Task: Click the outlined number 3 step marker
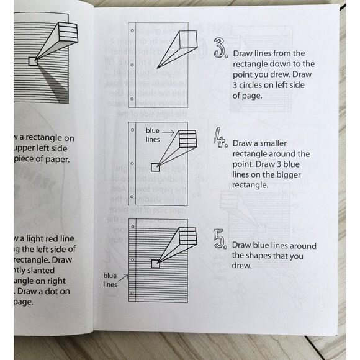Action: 220,48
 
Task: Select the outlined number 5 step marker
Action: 219,240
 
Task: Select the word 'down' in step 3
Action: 273,64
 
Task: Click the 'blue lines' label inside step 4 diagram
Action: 153,135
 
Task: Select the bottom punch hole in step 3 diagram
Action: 133,98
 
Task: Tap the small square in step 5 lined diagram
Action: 156,263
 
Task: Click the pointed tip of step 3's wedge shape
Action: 156,68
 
